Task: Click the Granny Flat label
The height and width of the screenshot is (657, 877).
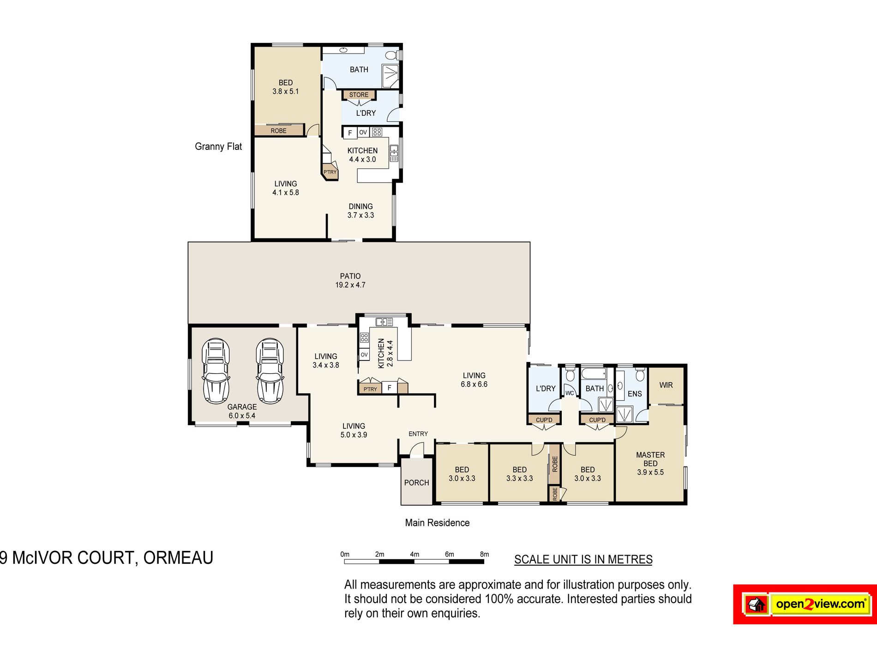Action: click(218, 147)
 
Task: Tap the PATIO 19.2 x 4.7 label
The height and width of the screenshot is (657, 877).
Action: click(350, 280)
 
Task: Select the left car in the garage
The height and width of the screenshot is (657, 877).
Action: click(216, 371)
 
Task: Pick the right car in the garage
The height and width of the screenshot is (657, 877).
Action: click(270, 371)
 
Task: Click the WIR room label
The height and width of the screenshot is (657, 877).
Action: click(666, 385)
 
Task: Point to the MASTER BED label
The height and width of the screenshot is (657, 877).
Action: click(650, 459)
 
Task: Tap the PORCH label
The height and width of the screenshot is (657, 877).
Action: click(416, 483)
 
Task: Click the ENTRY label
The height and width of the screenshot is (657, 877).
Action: click(418, 434)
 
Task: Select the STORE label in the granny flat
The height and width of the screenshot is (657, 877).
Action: click(359, 95)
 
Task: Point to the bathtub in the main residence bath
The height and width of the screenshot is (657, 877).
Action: click(593, 373)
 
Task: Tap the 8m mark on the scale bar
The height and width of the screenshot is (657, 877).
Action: click(484, 554)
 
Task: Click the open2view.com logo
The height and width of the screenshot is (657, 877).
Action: click(805, 604)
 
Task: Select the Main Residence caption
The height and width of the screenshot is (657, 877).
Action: click(437, 523)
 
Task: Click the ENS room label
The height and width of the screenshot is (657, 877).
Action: click(635, 394)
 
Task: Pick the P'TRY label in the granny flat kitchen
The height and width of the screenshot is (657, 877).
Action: click(330, 172)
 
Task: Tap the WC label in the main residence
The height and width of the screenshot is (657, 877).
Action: click(570, 393)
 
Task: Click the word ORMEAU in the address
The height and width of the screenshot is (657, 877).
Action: click(178, 558)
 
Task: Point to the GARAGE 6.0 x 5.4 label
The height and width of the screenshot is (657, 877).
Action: click(242, 411)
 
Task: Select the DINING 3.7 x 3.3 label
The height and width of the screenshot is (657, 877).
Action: click(360, 211)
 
